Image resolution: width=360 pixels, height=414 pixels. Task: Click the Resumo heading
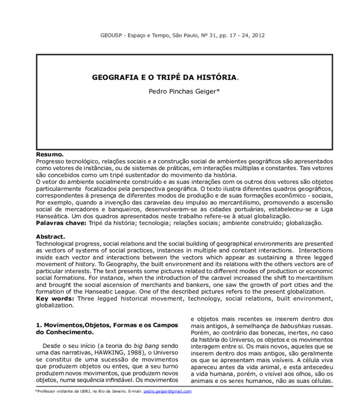click(50, 155)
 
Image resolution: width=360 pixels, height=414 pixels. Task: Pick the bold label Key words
click(54, 299)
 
